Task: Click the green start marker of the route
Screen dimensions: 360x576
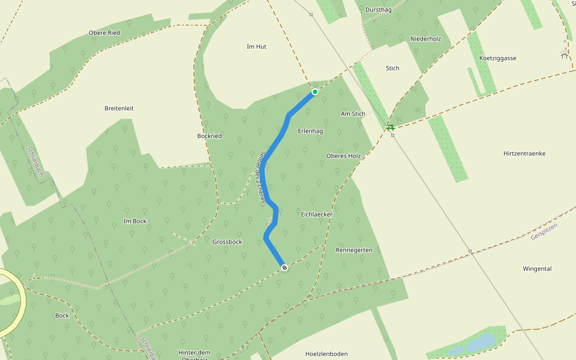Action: click(314, 92)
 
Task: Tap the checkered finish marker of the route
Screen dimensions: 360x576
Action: click(284, 268)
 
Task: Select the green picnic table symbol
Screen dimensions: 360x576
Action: click(391, 127)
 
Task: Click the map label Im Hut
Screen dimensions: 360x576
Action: click(256, 46)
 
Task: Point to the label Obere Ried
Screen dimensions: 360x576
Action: click(104, 32)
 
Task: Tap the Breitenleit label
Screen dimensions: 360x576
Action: click(119, 108)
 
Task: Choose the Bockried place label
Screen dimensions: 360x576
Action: click(209, 136)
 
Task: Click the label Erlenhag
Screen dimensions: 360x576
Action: click(310, 131)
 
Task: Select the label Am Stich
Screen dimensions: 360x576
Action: click(353, 113)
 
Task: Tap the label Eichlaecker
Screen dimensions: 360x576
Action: click(316, 214)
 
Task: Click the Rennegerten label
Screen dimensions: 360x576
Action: click(354, 250)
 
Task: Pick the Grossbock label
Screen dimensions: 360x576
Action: click(227, 242)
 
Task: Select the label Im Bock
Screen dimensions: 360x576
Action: click(134, 221)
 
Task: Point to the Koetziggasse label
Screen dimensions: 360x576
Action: click(498, 58)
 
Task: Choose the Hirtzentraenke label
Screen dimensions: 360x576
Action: click(524, 154)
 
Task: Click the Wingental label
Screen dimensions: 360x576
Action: click(537, 268)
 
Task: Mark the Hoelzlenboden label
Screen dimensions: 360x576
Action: click(326, 354)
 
